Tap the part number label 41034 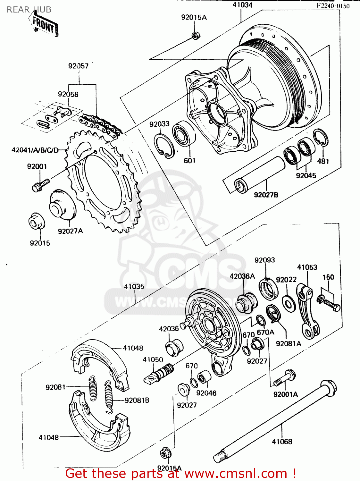point(242,5)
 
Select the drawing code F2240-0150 point(333,6)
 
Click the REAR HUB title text point(29,10)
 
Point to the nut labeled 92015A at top point(194,35)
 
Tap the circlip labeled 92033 point(164,146)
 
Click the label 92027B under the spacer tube point(266,195)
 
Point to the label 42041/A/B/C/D point(35,150)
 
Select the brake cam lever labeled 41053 point(307,311)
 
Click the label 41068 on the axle point(282,442)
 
